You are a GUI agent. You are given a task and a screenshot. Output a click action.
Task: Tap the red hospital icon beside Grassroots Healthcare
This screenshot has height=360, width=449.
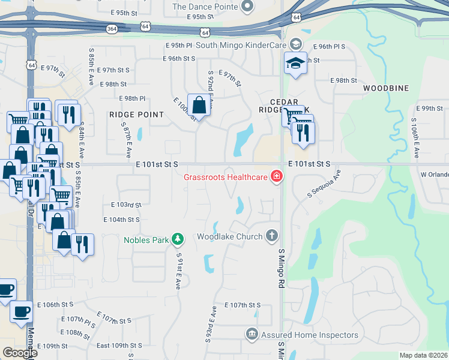[x=277, y=176]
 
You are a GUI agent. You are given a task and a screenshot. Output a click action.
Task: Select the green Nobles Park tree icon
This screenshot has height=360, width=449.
[x=178, y=239]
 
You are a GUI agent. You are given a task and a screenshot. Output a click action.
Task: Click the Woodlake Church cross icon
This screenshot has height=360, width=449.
[x=272, y=236]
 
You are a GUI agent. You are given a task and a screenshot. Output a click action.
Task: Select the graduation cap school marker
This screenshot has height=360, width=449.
[x=295, y=62]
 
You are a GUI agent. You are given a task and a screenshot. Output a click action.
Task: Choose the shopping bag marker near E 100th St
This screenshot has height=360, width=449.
[x=199, y=105]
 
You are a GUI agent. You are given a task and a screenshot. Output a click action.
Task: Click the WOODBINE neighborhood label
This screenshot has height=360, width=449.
[x=386, y=88]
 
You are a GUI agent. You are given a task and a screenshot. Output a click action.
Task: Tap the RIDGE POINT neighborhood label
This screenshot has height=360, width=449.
[x=136, y=114]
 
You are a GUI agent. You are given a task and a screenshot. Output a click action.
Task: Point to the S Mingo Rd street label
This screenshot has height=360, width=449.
[x=280, y=268]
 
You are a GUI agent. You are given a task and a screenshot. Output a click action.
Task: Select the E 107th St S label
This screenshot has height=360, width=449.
[x=243, y=305]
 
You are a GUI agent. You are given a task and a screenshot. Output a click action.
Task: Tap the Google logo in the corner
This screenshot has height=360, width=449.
[x=20, y=352]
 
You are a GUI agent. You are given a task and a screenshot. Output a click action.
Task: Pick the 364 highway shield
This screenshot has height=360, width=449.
[x=111, y=28]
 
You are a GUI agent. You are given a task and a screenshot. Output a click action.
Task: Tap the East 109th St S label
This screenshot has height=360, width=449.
[x=119, y=346]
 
